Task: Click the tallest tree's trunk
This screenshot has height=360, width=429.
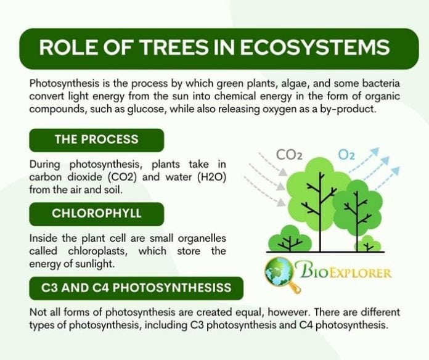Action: pyautogui.click(x=319, y=210)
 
